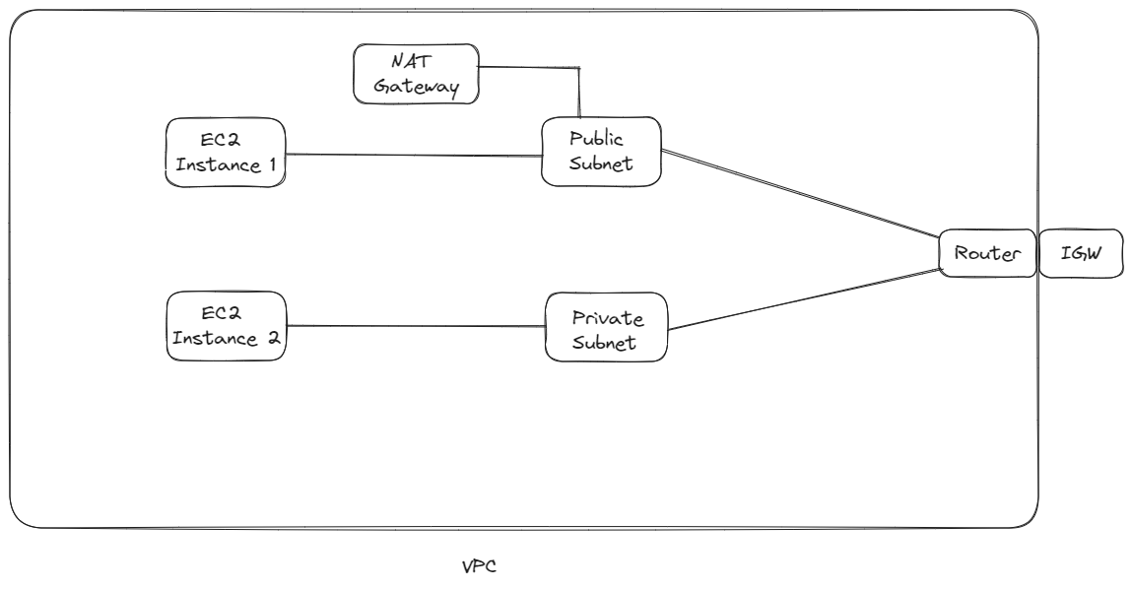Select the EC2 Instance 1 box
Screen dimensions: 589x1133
coord(226,153)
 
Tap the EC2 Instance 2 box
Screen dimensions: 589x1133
coord(226,326)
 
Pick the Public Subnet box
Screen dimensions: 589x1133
coord(600,152)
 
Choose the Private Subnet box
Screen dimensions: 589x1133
coord(606,326)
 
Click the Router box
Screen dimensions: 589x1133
coord(986,254)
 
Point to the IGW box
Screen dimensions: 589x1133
coord(1081,254)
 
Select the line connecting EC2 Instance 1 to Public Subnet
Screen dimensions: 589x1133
coord(414,155)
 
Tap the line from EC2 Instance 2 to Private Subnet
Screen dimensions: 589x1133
coord(414,327)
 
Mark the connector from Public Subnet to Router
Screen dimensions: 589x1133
coord(798,193)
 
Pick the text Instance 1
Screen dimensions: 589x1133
coord(226,165)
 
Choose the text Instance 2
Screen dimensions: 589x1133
coord(226,339)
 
